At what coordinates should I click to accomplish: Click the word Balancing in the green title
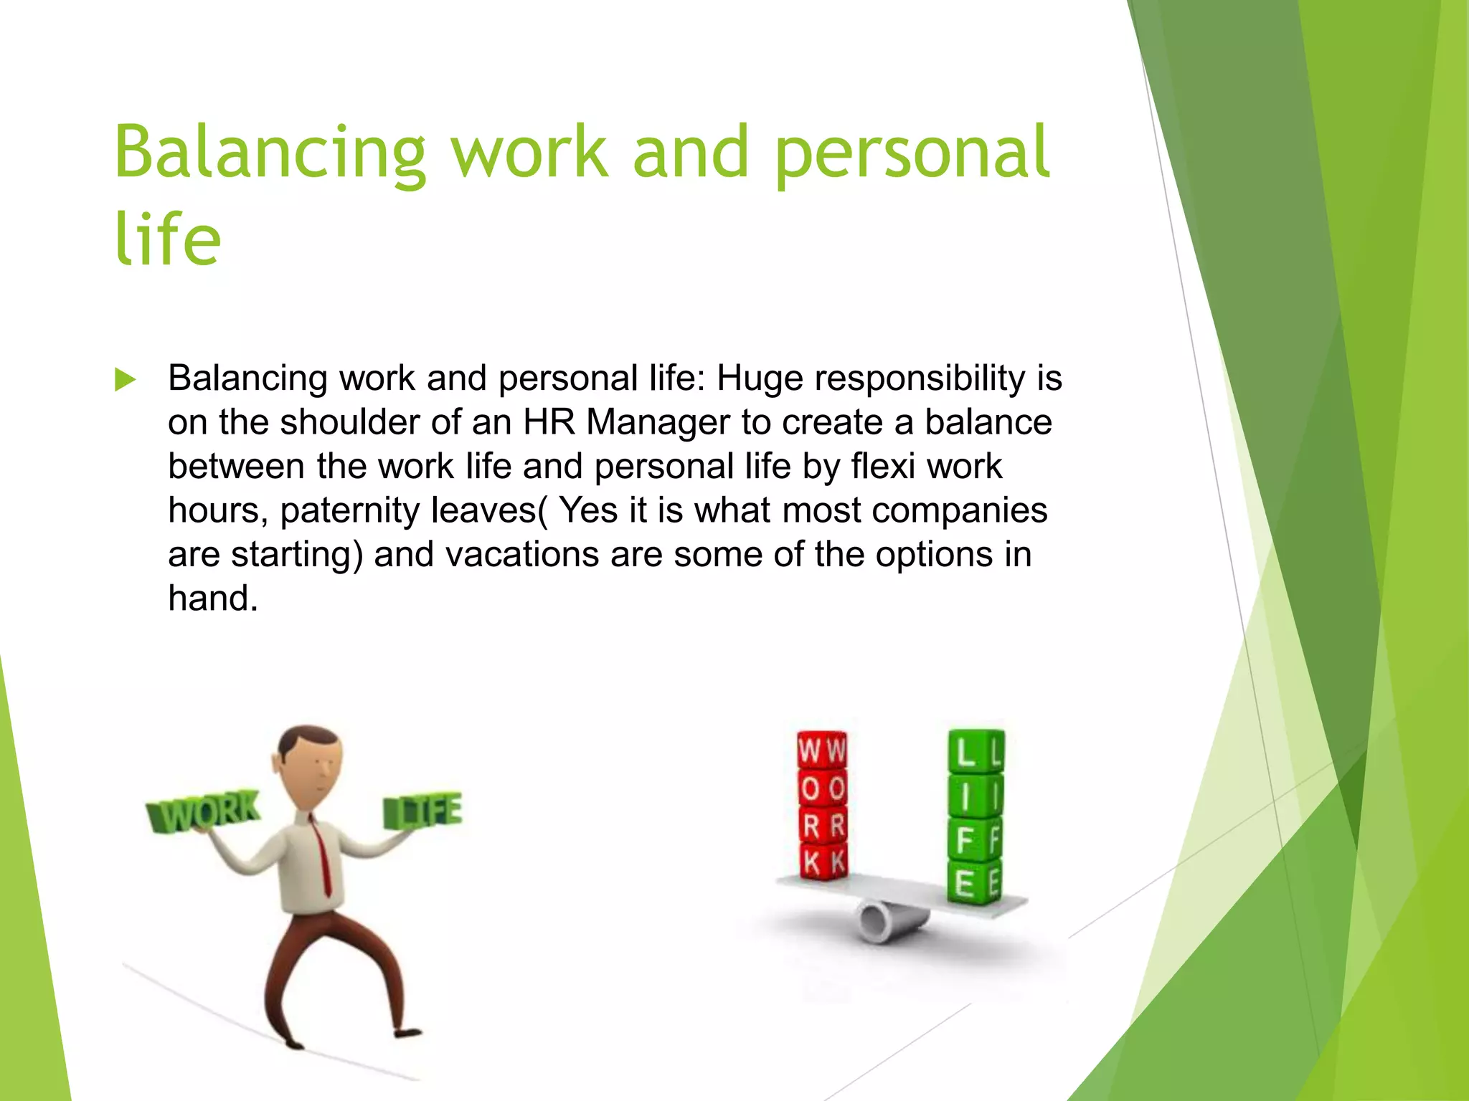(x=270, y=153)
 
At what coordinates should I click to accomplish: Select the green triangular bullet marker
(x=125, y=379)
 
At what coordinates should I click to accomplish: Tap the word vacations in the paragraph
(x=522, y=554)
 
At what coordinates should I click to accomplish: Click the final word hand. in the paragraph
(x=212, y=598)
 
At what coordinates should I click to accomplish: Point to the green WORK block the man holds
(x=204, y=812)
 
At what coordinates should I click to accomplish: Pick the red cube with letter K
(x=823, y=861)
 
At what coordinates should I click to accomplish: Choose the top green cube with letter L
(x=976, y=752)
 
